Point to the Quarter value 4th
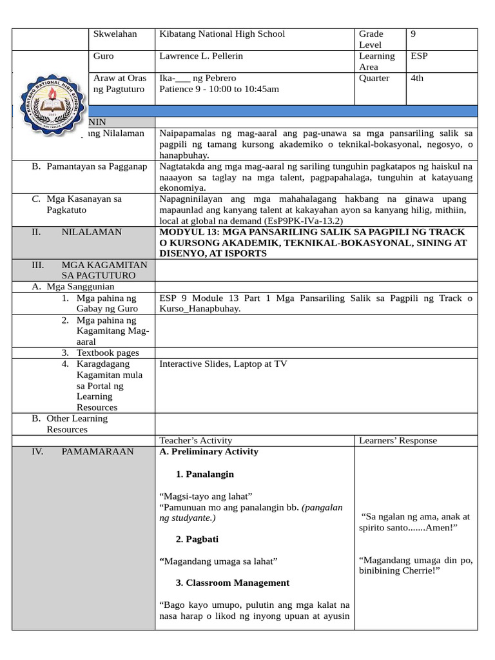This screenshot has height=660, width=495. (x=418, y=78)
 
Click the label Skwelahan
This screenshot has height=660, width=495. (x=115, y=34)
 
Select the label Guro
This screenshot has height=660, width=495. (x=104, y=56)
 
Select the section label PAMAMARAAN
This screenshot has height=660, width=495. (x=97, y=451)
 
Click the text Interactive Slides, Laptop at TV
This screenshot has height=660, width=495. (x=223, y=364)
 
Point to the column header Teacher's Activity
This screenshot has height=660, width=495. (x=195, y=440)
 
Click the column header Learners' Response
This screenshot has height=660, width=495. (x=398, y=440)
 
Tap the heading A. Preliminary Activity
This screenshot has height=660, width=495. (x=208, y=451)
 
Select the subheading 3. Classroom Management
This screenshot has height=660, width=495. (x=232, y=583)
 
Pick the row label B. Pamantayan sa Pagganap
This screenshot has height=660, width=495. (x=90, y=167)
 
